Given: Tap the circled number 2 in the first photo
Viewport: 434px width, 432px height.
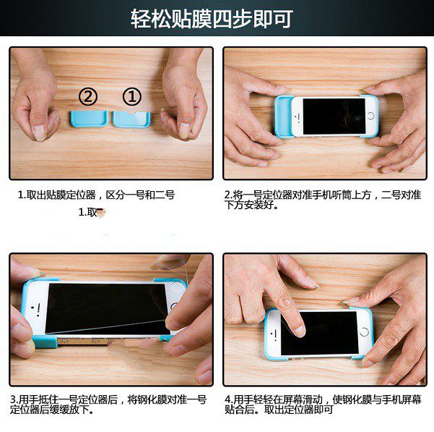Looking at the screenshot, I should tap(88, 96).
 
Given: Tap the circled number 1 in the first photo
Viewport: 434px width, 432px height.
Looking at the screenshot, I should tap(131, 96).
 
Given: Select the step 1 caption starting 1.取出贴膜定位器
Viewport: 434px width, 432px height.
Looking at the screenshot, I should tap(96, 195).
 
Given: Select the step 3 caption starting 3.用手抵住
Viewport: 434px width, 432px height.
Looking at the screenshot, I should tap(108, 404).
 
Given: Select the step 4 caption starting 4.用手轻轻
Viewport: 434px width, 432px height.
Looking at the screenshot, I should tap(322, 404).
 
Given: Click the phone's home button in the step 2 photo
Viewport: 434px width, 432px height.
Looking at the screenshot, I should tap(370, 115).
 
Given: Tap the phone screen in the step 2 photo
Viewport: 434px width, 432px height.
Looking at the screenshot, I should tap(333, 116).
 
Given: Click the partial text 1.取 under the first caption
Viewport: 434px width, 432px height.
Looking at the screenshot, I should tap(91, 213).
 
